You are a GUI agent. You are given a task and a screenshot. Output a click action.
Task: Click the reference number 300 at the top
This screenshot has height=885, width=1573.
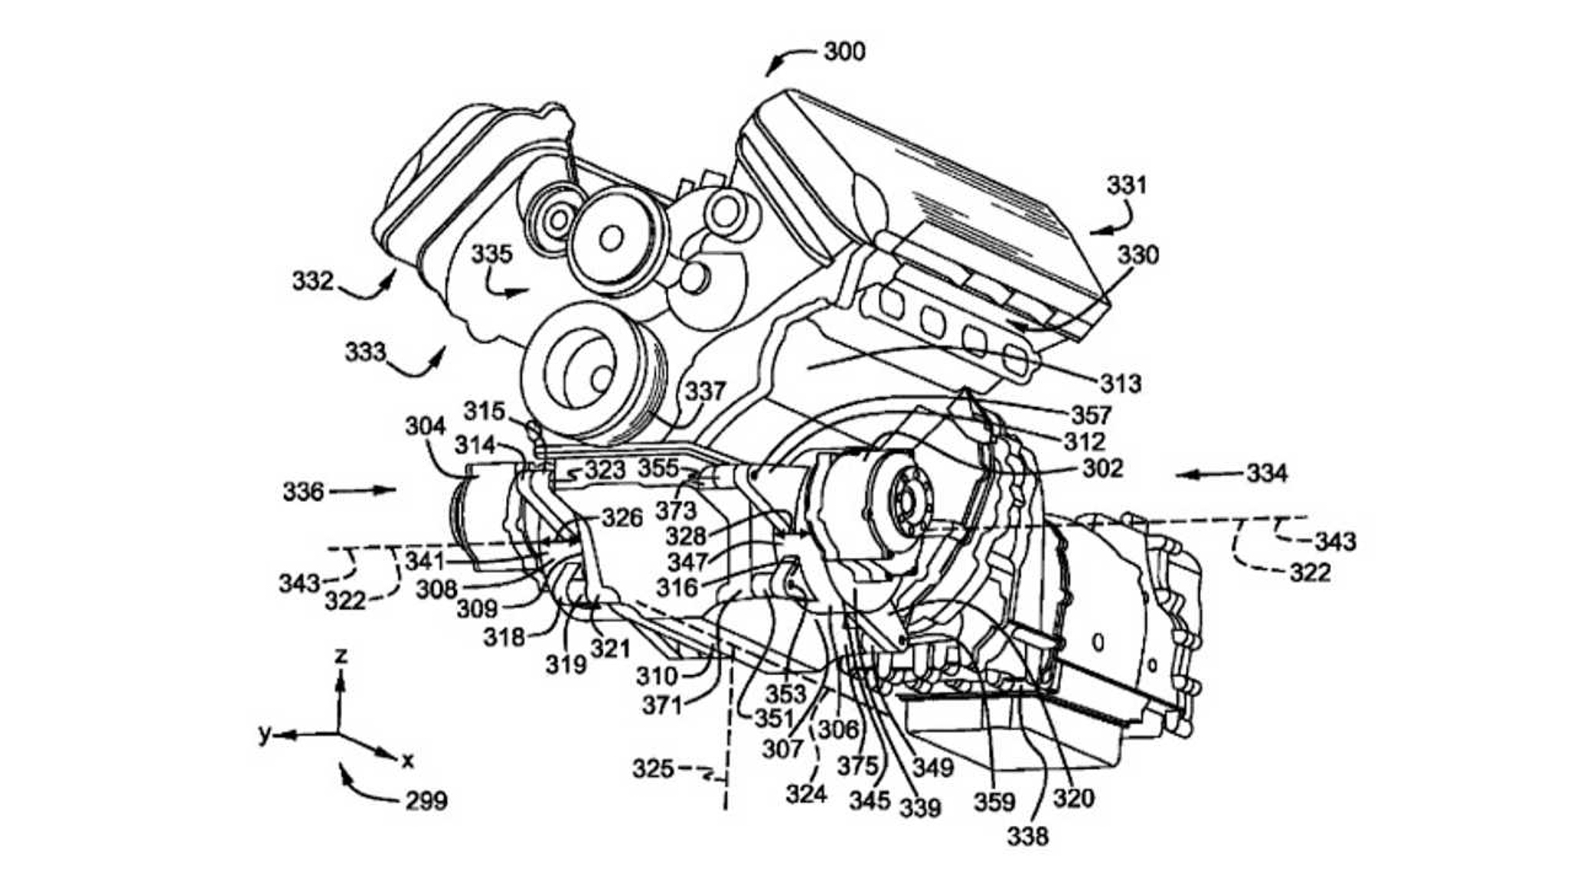[x=844, y=51]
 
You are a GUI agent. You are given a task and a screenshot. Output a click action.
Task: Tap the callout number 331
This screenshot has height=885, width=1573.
[x=1126, y=185]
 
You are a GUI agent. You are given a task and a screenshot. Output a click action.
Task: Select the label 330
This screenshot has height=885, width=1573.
[x=1138, y=255]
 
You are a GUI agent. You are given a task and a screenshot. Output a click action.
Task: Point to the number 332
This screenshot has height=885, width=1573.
[x=313, y=281]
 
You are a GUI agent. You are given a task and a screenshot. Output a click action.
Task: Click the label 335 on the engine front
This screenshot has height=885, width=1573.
[x=492, y=254]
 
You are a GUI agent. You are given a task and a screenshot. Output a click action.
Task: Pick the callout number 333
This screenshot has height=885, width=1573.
[x=365, y=352]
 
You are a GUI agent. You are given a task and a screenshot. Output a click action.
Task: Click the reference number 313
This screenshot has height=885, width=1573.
[x=1121, y=383]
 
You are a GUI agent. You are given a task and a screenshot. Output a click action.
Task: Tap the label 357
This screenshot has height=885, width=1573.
[x=1091, y=416]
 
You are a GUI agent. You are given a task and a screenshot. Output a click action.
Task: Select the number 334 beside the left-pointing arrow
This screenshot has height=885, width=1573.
[x=1267, y=473]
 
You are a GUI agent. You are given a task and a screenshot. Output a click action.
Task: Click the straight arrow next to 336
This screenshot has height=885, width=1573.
[x=368, y=490]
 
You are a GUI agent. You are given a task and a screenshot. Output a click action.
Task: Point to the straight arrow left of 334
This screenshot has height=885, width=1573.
[x=1206, y=475]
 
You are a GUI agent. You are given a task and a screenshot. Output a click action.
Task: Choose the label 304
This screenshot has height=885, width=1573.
[x=426, y=426]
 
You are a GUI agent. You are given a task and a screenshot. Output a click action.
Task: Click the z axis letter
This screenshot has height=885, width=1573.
[x=341, y=655]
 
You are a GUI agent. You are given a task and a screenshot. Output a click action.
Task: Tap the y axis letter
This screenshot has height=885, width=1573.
[x=264, y=734]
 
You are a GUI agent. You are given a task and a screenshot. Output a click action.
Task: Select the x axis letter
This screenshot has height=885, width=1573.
[x=408, y=761]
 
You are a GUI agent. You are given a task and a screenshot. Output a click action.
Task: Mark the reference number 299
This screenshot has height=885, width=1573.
[x=426, y=801]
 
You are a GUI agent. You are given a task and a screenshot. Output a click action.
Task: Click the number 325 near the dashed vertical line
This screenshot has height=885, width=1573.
[x=653, y=768]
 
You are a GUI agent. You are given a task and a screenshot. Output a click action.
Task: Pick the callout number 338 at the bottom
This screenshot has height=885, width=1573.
[x=1028, y=836]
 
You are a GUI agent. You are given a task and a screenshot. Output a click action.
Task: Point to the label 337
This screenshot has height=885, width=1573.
[x=705, y=392]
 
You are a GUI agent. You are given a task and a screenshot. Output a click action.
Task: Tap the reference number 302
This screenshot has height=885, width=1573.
[x=1102, y=468]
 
